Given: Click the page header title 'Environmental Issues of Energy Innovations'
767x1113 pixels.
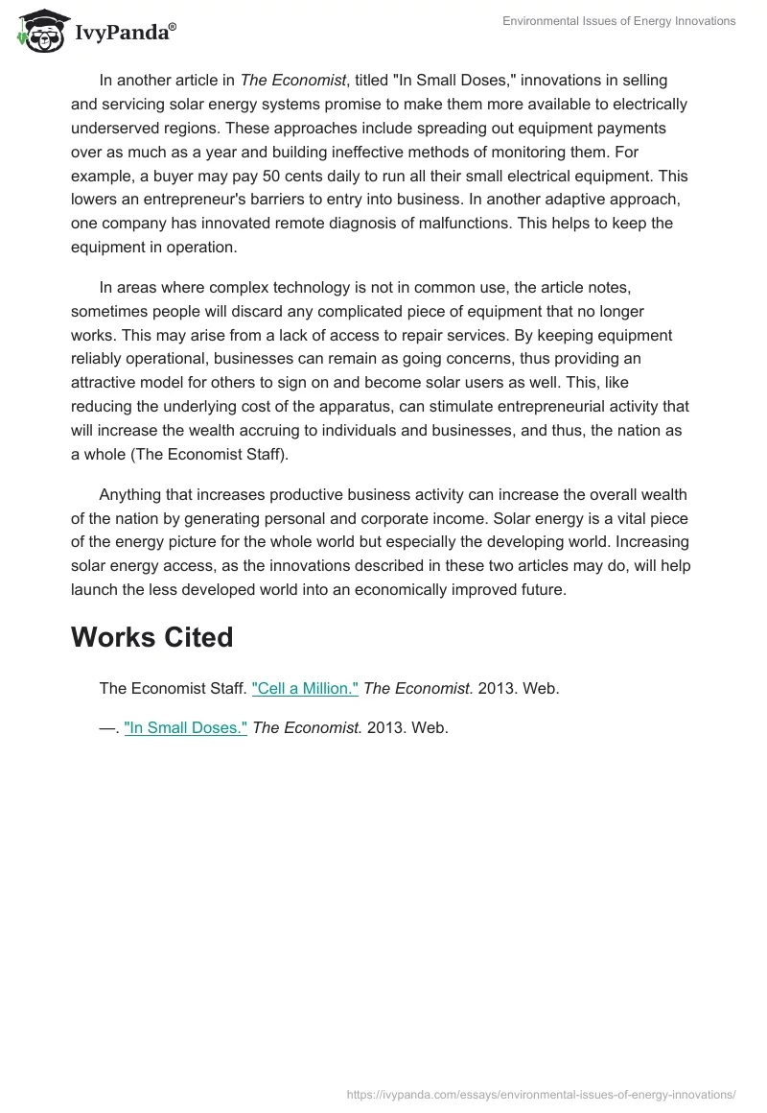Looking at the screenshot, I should click(619, 21).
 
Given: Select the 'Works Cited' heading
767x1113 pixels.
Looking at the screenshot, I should click(151, 638).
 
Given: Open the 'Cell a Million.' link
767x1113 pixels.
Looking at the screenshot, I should click(305, 688).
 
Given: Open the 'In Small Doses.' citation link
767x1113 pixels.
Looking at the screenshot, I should click(186, 727).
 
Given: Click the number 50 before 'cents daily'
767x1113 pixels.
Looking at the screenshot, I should click(290, 176).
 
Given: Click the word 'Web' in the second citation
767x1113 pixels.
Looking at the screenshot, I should click(430, 727).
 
